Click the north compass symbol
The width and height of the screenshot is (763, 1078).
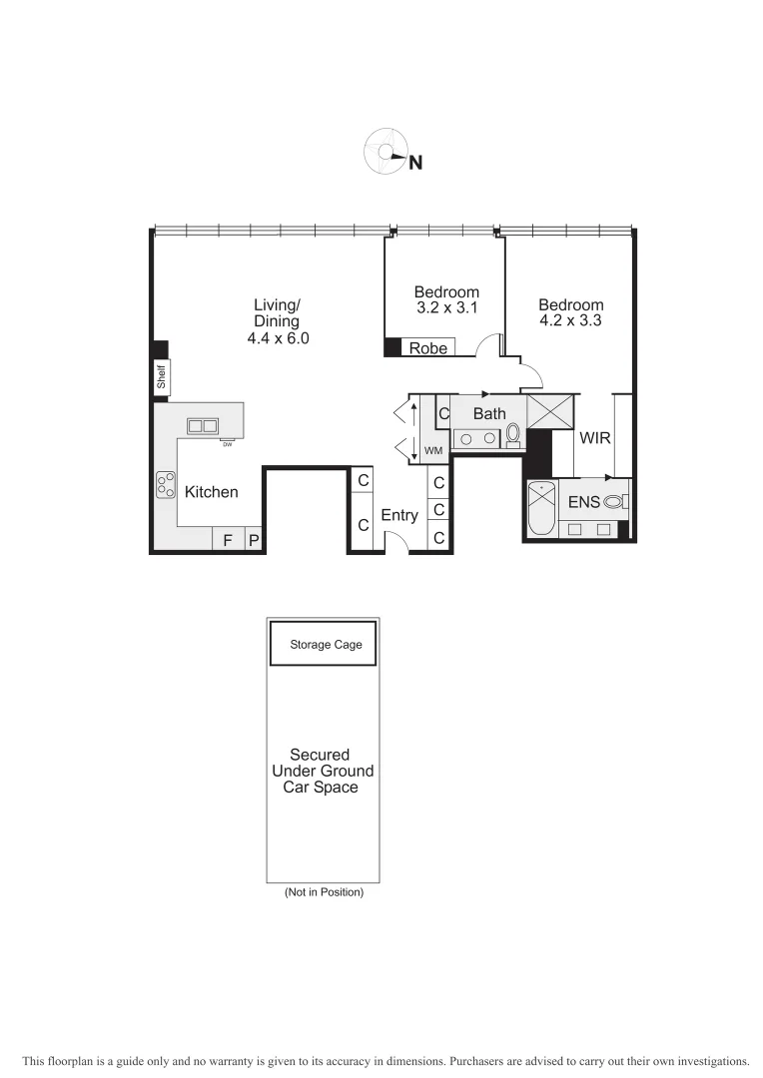click(386, 152)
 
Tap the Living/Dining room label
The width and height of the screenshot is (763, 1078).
click(277, 321)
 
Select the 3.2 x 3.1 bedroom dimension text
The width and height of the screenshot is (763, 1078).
click(446, 308)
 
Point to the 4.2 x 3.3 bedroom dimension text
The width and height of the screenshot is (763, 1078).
click(570, 321)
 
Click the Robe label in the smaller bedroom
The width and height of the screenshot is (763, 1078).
click(427, 348)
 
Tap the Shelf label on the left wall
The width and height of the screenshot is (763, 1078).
click(160, 377)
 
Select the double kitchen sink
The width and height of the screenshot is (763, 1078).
click(203, 426)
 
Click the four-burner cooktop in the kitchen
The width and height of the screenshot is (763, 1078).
click(165, 484)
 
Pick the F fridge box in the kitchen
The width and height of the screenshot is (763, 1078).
click(228, 540)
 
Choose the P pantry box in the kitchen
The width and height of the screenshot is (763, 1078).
click(254, 540)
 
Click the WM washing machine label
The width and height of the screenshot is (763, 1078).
click(432, 451)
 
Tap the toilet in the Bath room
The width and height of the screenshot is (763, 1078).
click(513, 434)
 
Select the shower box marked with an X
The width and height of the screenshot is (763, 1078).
click(546, 410)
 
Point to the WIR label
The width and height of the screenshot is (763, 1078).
click(594, 437)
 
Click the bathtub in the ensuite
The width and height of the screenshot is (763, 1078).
click(541, 508)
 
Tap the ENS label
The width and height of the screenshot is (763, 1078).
click(583, 502)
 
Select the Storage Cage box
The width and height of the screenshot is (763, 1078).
click(322, 645)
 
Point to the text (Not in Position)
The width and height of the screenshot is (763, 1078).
click(324, 891)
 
